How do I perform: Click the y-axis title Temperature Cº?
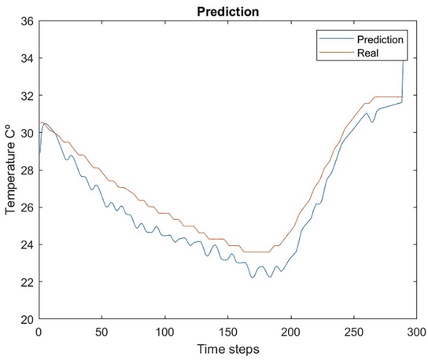11,170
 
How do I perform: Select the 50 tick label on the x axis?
101,332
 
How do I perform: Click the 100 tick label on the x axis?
164,332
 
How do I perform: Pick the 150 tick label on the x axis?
227,332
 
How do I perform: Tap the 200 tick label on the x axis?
291,332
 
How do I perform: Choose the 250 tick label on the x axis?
354,332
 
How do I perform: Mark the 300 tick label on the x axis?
416,332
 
